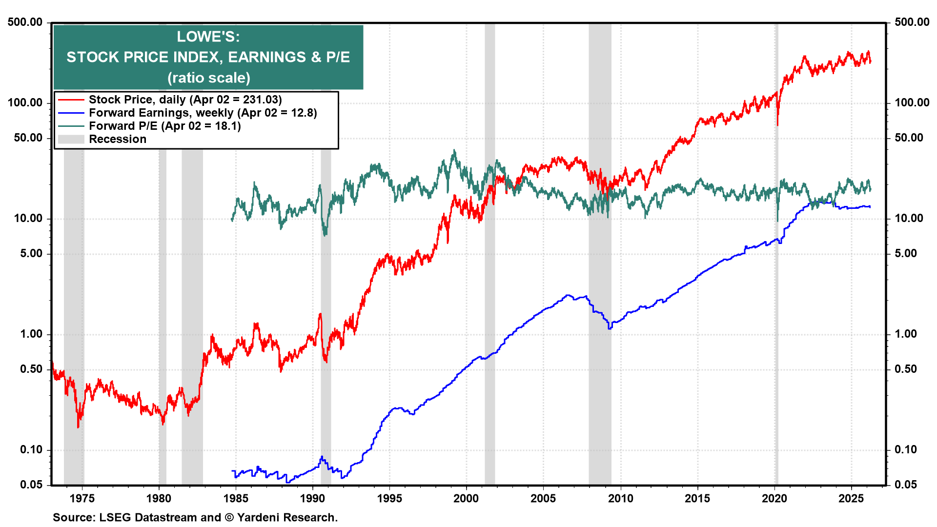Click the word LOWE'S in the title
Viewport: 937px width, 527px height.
(x=208, y=37)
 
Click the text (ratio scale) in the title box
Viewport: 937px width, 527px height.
(x=208, y=78)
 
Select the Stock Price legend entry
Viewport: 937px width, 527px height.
(x=185, y=100)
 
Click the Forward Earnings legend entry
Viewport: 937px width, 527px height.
(x=203, y=113)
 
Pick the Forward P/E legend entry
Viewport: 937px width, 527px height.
(x=164, y=126)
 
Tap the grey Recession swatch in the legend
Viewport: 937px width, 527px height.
(x=71, y=140)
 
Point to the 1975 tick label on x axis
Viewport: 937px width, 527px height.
(x=82, y=498)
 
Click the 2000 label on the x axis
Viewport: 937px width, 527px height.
(x=466, y=498)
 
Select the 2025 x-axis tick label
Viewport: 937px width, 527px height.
(x=851, y=498)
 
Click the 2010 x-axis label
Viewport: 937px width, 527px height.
(x=620, y=498)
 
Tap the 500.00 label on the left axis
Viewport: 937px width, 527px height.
(x=25, y=22)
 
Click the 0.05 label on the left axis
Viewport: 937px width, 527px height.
(x=31, y=485)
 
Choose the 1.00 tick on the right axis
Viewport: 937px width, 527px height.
(x=906, y=334)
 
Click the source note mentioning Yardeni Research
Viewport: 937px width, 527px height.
(x=195, y=517)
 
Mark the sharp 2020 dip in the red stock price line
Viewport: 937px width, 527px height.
(x=777, y=124)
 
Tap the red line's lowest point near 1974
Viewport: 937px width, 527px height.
(x=78, y=427)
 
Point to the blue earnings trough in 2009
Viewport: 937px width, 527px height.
(x=610, y=328)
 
